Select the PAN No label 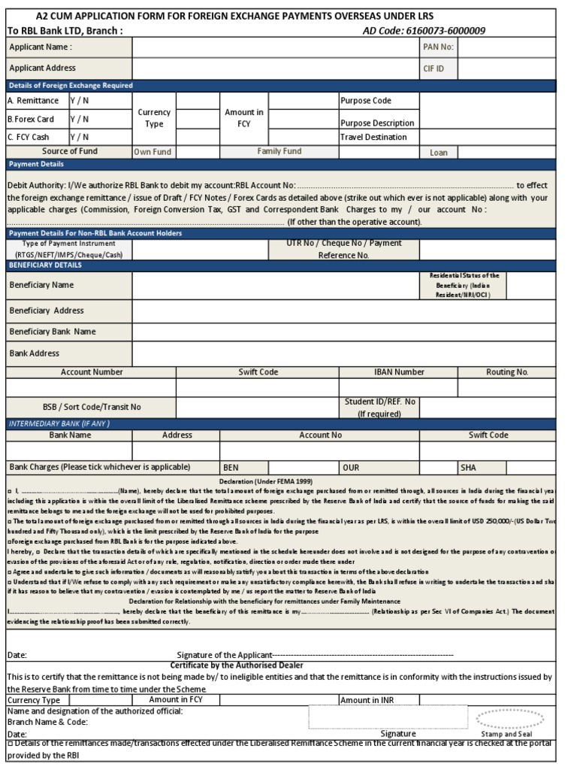[438, 47]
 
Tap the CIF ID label [434, 68]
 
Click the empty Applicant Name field [276, 47]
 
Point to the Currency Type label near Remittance [154, 118]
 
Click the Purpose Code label [366, 101]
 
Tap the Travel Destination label [373, 137]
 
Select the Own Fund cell [153, 152]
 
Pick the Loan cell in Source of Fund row [439, 152]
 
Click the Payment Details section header [36, 164]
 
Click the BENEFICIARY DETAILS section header [46, 265]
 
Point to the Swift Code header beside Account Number [258, 371]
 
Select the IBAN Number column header [399, 371]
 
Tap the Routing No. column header [506, 371]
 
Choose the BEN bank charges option [231, 467]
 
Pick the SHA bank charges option [468, 467]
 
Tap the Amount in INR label [367, 699]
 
